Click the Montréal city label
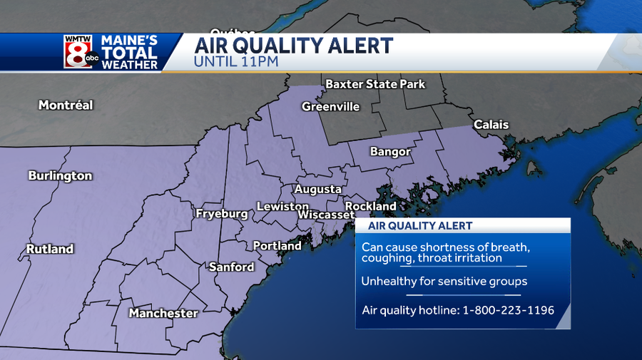pyautogui.click(x=66, y=105)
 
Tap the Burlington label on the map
pyautogui.click(x=60, y=175)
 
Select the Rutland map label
pyautogui.click(x=50, y=249)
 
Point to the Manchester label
pyautogui.click(x=163, y=313)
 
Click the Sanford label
pyautogui.click(x=231, y=267)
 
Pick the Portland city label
pyautogui.click(x=277, y=245)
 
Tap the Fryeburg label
pyautogui.click(x=222, y=213)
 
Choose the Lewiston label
pyautogui.click(x=282, y=206)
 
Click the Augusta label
pyautogui.click(x=317, y=189)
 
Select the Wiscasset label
pyautogui.click(x=326, y=215)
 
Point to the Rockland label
pyautogui.click(x=370, y=206)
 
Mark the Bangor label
pyautogui.click(x=390, y=151)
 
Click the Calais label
pyautogui.click(x=491, y=125)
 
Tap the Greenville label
pyautogui.click(x=330, y=106)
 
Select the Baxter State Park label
pyautogui.click(x=375, y=84)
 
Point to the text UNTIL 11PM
pyautogui.click(x=235, y=62)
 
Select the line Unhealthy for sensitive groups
pyautogui.click(x=444, y=281)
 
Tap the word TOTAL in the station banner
pyautogui.click(x=129, y=53)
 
